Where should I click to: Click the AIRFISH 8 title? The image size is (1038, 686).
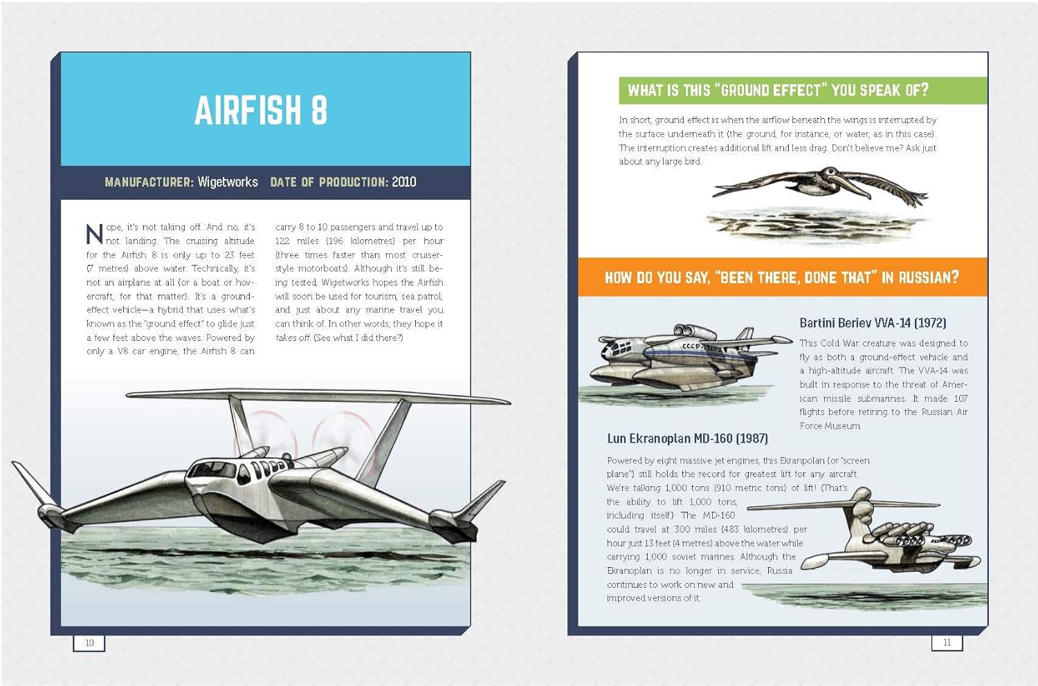[x=261, y=111]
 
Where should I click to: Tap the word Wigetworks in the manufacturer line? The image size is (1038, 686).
[x=228, y=182]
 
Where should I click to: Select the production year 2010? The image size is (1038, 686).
[x=403, y=182]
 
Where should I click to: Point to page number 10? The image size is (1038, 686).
[x=89, y=643]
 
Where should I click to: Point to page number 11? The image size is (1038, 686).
[x=947, y=642]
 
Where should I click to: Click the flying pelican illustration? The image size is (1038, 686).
[x=823, y=186]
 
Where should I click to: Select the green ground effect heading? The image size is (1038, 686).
[x=778, y=90]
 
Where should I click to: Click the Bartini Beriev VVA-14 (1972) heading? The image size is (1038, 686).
[x=873, y=323]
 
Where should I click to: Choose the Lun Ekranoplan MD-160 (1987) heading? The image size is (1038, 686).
[x=687, y=438]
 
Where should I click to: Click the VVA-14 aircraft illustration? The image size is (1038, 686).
[x=685, y=360]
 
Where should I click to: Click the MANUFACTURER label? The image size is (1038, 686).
[x=149, y=182]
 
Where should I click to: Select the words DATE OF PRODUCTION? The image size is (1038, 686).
[x=329, y=182]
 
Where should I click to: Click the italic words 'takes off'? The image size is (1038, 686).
[x=292, y=337]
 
